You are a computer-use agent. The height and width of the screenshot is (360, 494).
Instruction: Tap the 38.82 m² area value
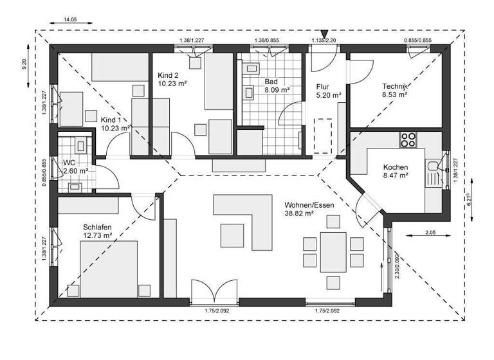tap(299, 213)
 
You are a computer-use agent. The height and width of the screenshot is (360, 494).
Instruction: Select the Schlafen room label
tap(97, 228)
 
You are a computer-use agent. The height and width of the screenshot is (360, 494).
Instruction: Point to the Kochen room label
tap(396, 166)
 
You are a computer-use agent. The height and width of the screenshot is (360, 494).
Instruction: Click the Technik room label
tap(395, 86)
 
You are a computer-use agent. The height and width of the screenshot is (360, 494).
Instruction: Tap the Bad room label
tap(271, 82)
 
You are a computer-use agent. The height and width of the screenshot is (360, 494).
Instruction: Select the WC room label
tap(69, 163)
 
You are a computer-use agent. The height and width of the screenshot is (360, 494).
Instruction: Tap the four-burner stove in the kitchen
tap(408, 139)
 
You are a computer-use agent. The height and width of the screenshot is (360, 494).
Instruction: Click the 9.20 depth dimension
tap(24, 64)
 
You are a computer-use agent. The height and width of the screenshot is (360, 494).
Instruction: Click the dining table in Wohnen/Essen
tap(333, 251)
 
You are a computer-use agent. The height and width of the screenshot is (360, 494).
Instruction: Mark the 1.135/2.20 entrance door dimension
tap(324, 40)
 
